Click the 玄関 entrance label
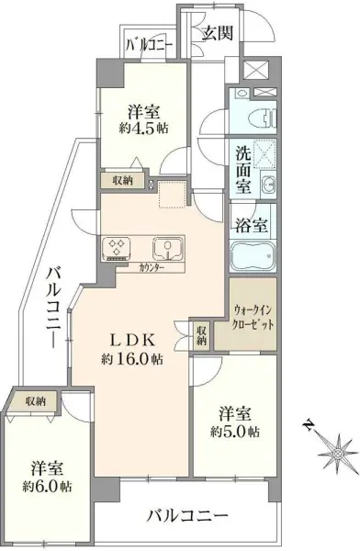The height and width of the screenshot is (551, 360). coord(219,35)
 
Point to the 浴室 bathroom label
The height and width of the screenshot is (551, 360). coord(249,223)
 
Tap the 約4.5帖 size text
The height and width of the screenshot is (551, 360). coord(144,128)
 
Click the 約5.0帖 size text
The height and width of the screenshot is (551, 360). coord(235,430)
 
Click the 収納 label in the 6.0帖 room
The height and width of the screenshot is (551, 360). coord(36,400)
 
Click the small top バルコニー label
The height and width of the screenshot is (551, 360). coord(143,43)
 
